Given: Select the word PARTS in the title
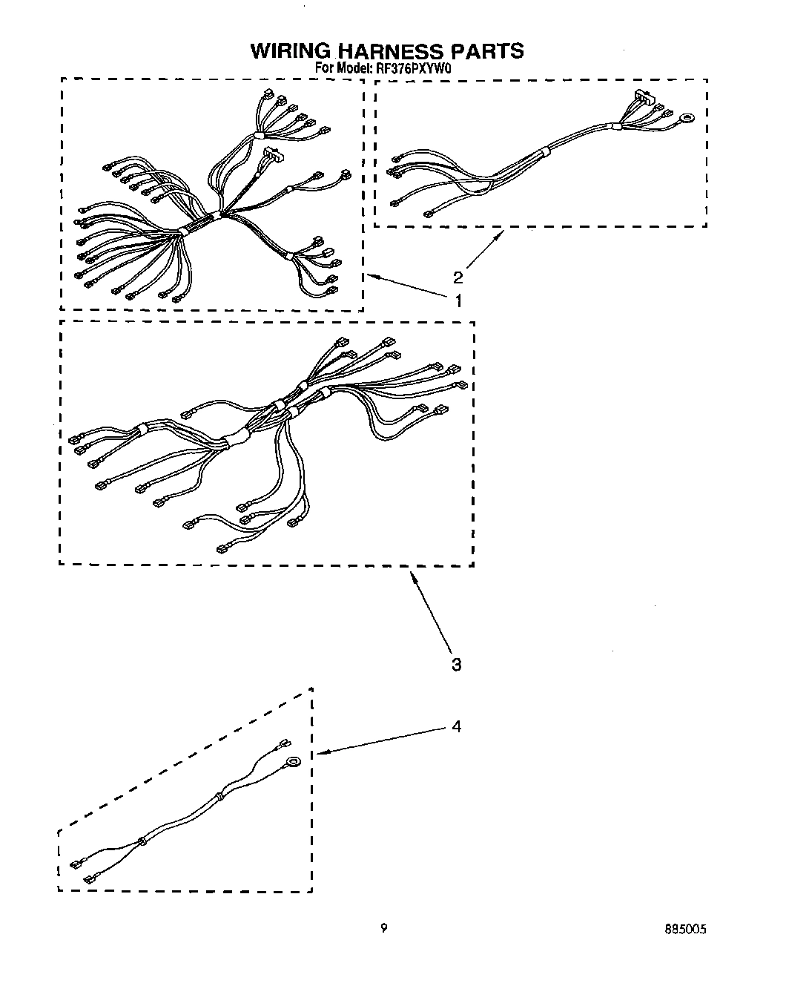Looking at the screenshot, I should click(x=487, y=50).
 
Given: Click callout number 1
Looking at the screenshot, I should click(x=458, y=300).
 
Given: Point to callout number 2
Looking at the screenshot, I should click(x=458, y=277).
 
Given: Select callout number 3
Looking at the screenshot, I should click(x=457, y=664).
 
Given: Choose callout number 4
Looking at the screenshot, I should click(x=457, y=726).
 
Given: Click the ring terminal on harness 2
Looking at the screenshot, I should click(x=689, y=116).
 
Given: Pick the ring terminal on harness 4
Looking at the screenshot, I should click(x=294, y=760).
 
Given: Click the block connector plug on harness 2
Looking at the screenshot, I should click(x=642, y=97).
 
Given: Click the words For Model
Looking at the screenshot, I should click(x=344, y=68).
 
